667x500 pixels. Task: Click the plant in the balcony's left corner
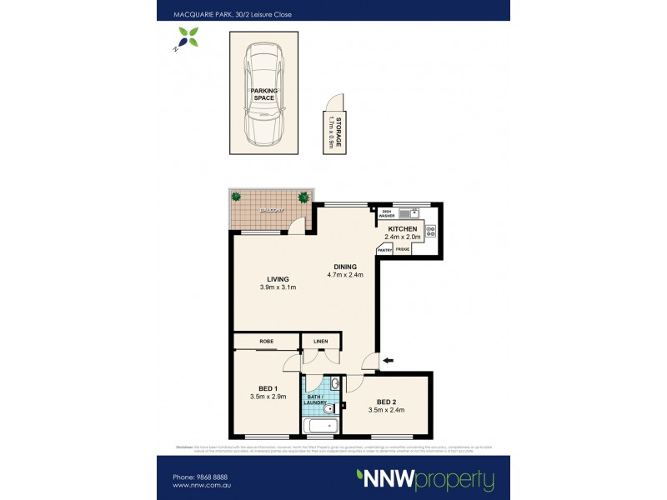point(236,197)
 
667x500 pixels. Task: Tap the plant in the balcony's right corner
point(303,197)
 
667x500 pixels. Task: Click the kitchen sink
point(408,212)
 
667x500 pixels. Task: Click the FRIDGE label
point(403,249)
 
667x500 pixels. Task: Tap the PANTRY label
point(384,249)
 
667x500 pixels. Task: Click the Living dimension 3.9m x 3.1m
point(278,287)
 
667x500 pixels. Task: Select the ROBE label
point(267,342)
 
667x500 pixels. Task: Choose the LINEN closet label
point(321,342)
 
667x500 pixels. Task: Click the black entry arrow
point(389,360)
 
